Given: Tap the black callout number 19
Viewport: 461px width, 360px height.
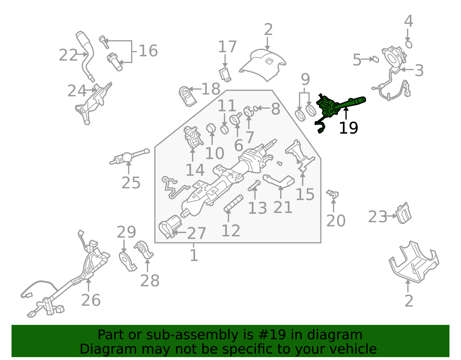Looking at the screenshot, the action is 349,128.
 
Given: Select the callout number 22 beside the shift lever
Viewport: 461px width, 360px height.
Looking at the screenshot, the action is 68,55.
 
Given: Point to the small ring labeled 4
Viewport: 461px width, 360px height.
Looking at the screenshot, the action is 409,45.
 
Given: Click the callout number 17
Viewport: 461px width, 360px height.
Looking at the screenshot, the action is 227,47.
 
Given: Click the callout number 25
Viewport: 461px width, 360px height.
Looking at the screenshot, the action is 131,183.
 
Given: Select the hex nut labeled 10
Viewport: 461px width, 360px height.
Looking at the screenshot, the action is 211,128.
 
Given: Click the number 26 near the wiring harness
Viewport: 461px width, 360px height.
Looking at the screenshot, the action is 91,300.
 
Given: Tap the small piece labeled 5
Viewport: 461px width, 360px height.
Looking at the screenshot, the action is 376,59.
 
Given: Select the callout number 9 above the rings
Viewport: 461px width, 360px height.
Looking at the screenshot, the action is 305,79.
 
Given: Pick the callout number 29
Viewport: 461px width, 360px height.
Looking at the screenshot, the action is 126,232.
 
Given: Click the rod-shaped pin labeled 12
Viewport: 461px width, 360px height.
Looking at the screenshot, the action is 233,203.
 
